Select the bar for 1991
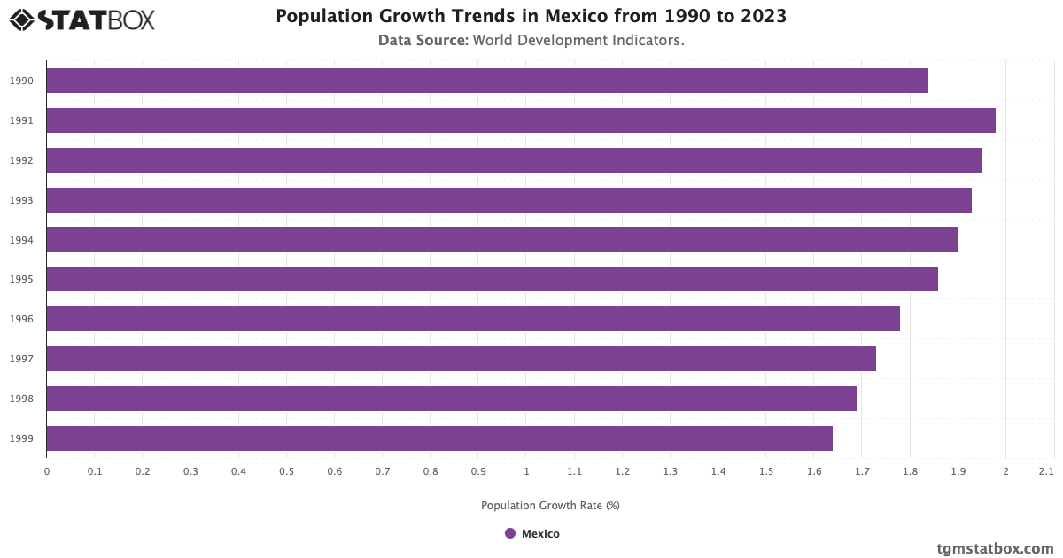point(521,120)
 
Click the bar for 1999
point(439,438)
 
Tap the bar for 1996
point(473,319)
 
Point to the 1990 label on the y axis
point(22,81)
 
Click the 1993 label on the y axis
point(22,200)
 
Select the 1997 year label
point(22,359)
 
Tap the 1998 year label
point(22,399)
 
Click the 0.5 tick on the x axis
point(286,471)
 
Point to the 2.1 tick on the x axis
point(1046,471)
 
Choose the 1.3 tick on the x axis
point(670,471)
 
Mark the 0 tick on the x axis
point(47,471)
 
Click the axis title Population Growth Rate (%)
point(550,506)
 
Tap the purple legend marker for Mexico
point(510,533)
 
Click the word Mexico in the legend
point(540,533)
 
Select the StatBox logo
point(82,19)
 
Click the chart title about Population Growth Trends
point(531,16)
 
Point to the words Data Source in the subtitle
point(423,40)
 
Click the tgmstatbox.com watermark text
point(995,548)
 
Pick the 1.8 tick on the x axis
point(910,471)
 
